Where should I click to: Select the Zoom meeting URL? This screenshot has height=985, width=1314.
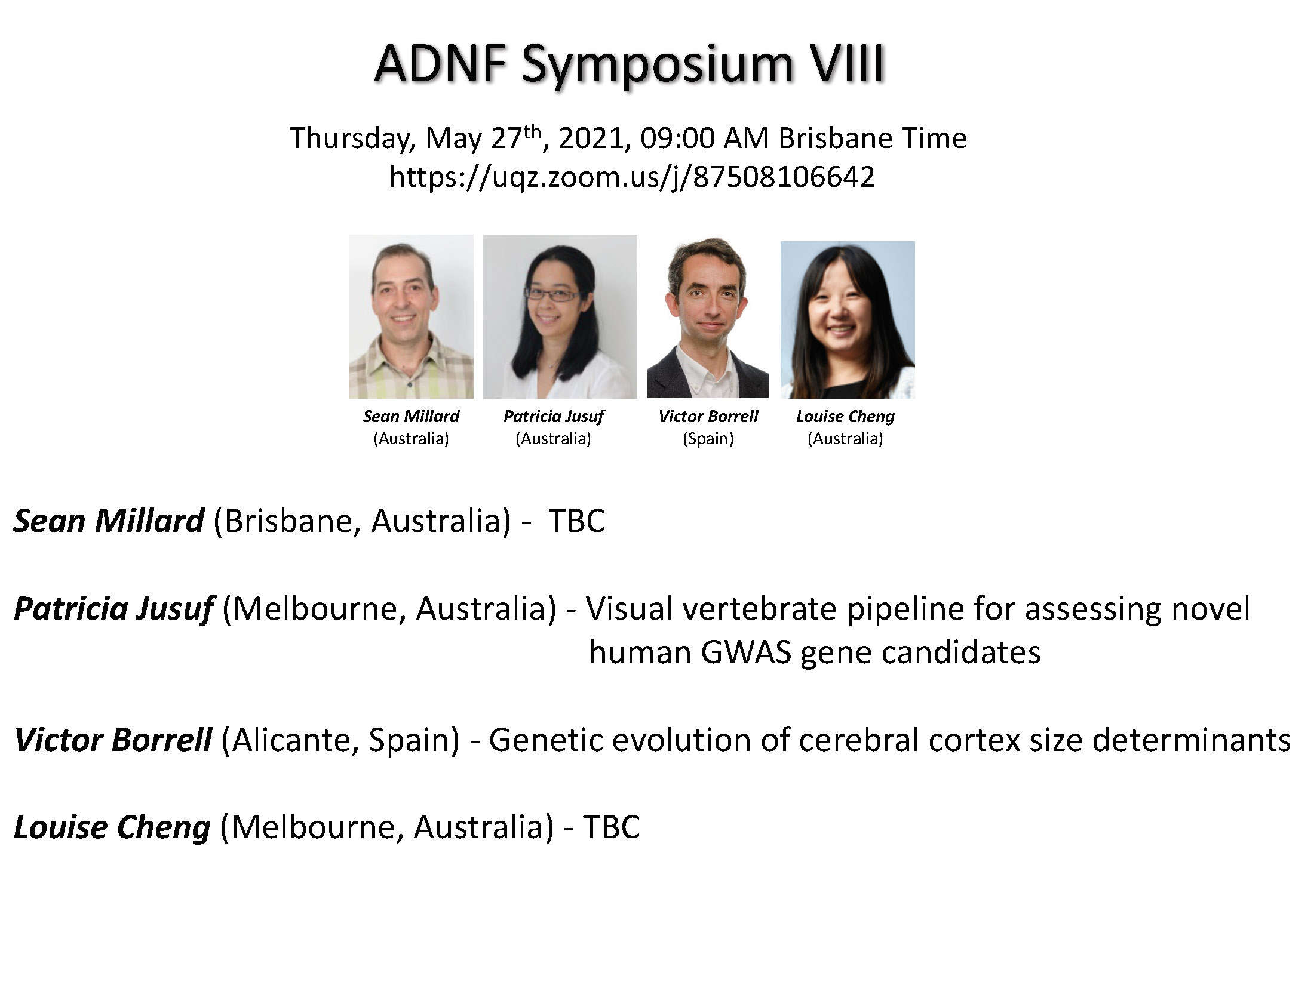(632, 177)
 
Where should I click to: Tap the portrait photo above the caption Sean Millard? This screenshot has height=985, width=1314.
(411, 316)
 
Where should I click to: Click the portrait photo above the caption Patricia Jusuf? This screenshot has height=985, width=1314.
(560, 316)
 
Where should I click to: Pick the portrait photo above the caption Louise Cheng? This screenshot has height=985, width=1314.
(848, 320)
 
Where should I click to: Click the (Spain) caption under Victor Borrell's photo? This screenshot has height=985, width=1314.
(708, 439)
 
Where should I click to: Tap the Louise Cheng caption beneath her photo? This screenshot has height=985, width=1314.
(845, 417)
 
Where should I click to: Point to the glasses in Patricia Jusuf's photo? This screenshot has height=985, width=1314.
(551, 294)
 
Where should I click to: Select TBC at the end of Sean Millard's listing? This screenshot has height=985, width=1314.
(577, 521)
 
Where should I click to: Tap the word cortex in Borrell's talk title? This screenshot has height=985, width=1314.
(974, 740)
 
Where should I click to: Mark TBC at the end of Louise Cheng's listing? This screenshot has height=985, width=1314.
(611, 827)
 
